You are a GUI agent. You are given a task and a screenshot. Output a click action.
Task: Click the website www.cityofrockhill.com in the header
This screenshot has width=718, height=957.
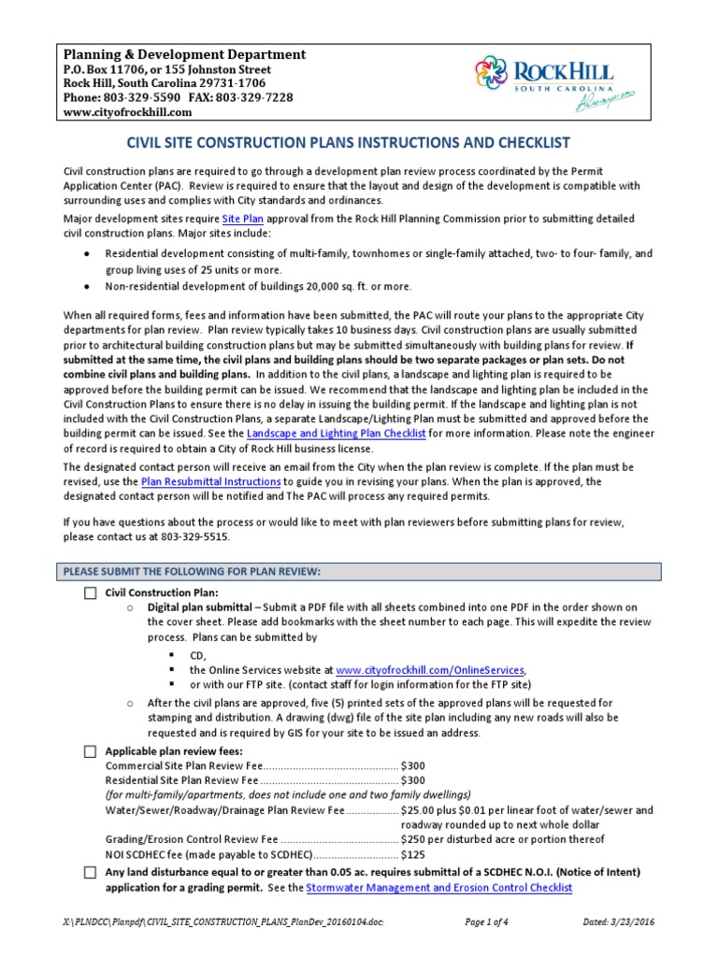pos(127,112)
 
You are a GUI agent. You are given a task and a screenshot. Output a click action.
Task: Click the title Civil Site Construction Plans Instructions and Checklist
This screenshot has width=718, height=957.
pos(348,143)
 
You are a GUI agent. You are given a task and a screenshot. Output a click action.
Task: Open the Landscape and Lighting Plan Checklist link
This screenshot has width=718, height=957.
pos(337,435)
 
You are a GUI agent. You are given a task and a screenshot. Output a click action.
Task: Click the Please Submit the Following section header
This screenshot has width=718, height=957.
pos(192,571)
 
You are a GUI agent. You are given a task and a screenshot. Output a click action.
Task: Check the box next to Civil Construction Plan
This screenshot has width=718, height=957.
pos(90,593)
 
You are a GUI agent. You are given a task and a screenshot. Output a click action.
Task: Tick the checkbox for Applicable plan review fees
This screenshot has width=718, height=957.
pos(90,751)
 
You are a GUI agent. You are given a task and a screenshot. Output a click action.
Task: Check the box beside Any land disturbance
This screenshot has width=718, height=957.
pos(90,872)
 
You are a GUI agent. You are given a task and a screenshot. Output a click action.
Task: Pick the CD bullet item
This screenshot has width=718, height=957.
pos(196,656)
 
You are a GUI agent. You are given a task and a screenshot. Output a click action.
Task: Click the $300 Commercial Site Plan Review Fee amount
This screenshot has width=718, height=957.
pos(412,765)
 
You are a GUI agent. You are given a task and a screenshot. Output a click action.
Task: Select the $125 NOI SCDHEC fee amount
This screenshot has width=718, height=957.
pos(412,854)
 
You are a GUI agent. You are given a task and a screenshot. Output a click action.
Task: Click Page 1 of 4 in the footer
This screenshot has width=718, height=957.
pos(493,922)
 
